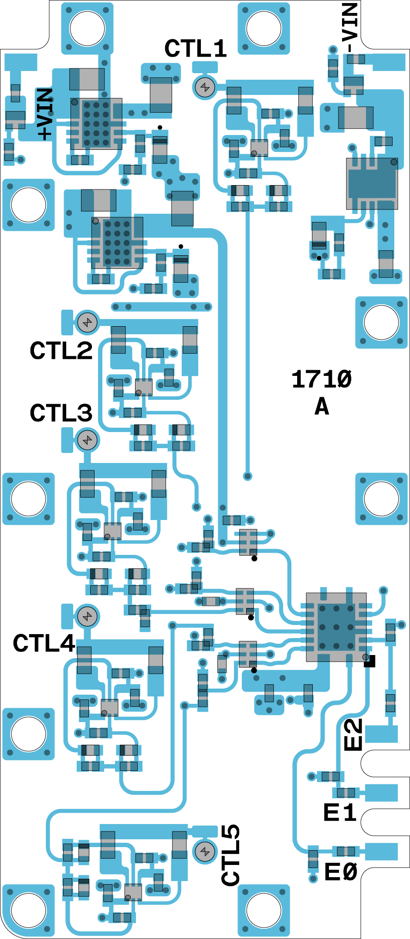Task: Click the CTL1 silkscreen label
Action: coord(196,48)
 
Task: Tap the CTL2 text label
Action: coord(61,350)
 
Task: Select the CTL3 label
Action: coord(61,412)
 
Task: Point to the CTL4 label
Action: coord(44,643)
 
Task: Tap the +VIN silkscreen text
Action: coord(45,114)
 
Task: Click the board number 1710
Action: coord(322,379)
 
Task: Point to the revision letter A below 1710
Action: coord(322,407)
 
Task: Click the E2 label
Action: coord(353,735)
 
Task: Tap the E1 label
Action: coord(340,813)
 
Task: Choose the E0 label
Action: coord(341,872)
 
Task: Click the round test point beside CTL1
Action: coord(205,88)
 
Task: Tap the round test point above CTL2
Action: coord(88,323)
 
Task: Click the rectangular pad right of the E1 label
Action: coord(381,793)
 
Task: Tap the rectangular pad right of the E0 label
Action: coord(381,851)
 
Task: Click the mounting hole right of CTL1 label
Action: coord(264,28)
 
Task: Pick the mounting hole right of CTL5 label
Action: coord(264,910)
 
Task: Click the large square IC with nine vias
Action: coord(336,627)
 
